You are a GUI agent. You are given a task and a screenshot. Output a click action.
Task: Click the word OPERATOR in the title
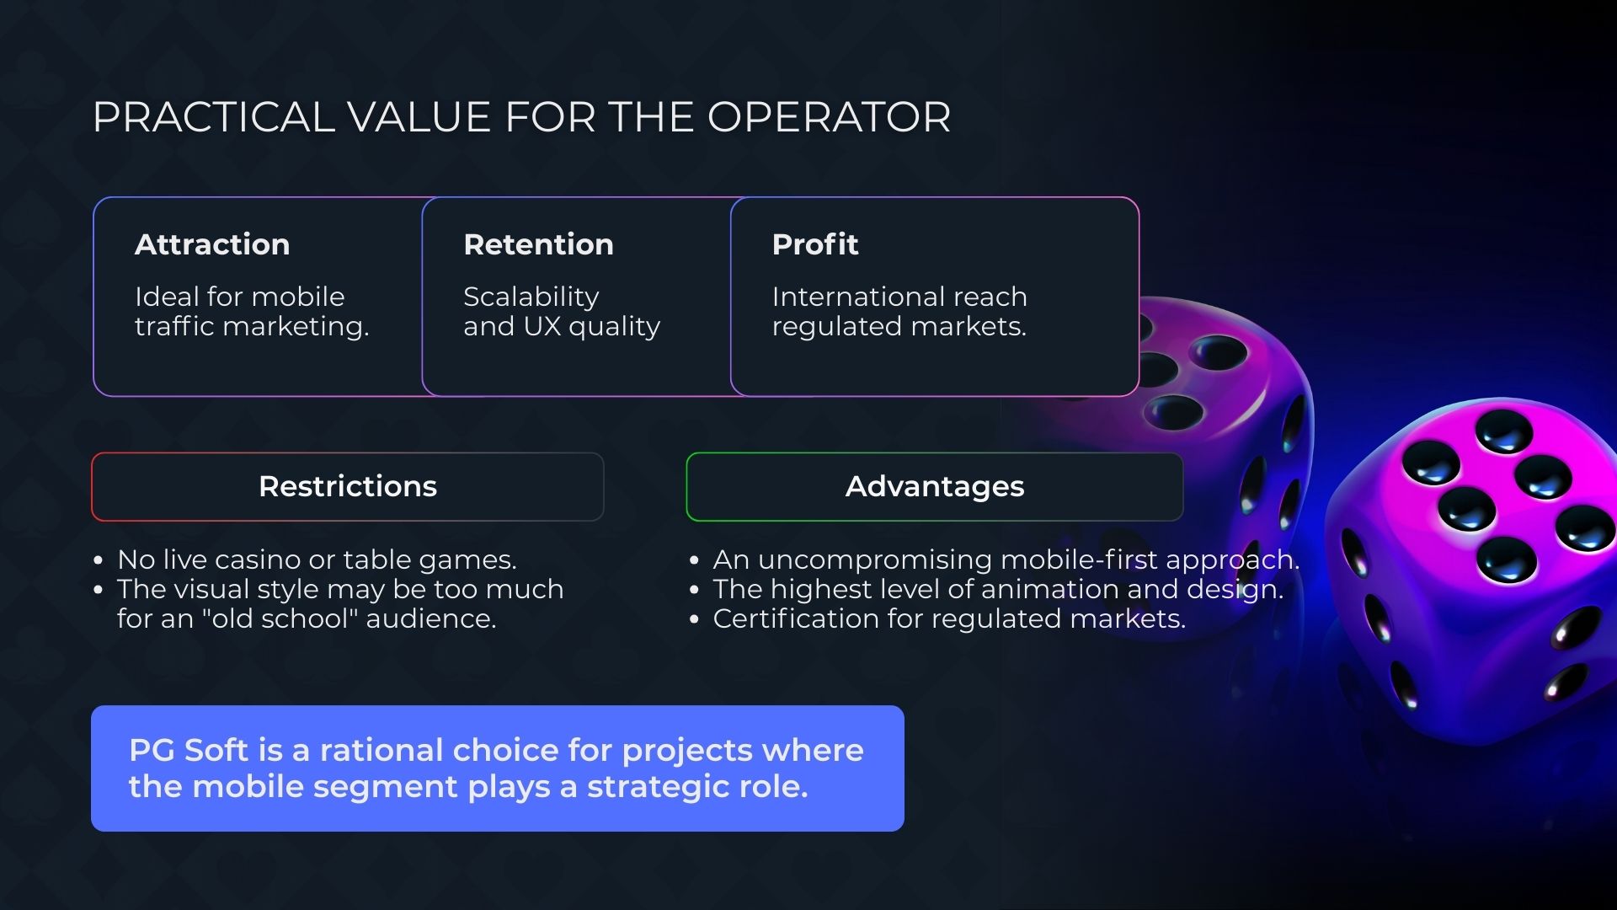coord(829,117)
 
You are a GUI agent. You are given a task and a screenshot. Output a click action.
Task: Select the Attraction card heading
coord(212,244)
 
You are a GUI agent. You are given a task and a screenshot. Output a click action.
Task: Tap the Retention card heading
coord(538,244)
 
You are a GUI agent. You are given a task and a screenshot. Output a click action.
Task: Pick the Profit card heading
coord(815,244)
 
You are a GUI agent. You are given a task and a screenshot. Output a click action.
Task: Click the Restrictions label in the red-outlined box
coord(348,486)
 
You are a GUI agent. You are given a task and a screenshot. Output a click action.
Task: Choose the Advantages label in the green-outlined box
coord(935,486)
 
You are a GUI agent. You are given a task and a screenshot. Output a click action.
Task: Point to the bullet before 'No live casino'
coord(99,560)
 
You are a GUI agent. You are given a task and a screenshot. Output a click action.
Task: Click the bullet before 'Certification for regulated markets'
coord(694,619)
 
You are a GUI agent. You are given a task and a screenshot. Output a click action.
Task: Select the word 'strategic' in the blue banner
coord(659,787)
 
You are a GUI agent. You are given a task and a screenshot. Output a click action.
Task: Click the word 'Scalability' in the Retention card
coord(531,297)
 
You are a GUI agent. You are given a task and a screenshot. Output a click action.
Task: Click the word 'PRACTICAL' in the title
coord(214,117)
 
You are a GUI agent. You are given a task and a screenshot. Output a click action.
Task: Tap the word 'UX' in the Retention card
coord(542,326)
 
